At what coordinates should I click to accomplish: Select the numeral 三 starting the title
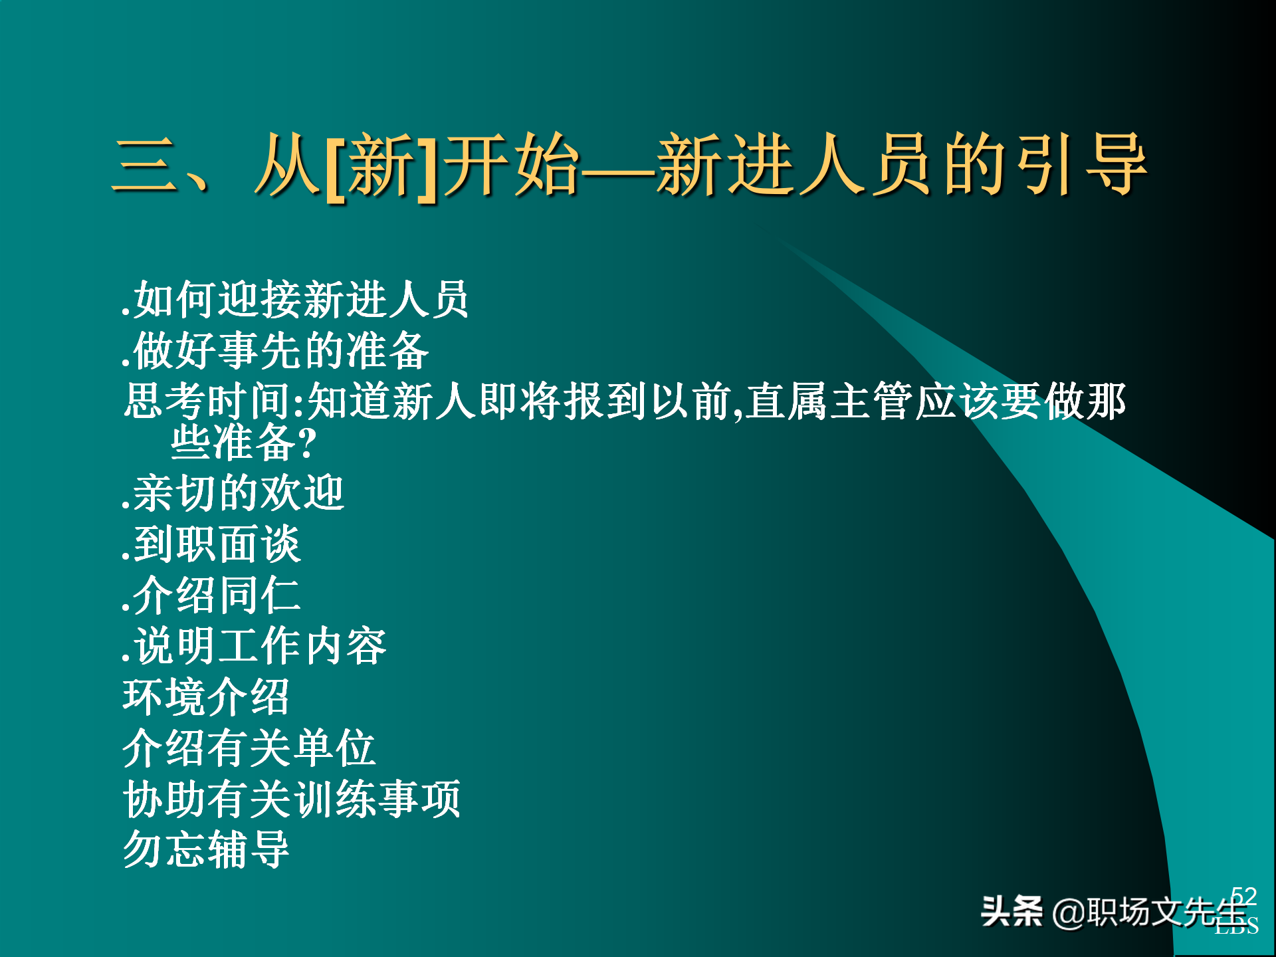tap(146, 165)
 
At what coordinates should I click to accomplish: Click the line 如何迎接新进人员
tap(295, 300)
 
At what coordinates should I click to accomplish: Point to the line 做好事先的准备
tap(275, 351)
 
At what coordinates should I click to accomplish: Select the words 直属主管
tap(829, 401)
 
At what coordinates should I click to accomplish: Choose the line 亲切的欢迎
tap(233, 494)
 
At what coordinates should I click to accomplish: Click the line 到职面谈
tap(212, 544)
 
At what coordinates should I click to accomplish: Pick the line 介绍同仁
tap(212, 595)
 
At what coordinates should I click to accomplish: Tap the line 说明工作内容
tap(255, 646)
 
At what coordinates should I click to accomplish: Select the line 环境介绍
tap(206, 697)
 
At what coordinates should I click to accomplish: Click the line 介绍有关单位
tap(249, 748)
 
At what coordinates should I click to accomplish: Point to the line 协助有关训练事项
tap(292, 799)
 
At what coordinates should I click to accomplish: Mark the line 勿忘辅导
tap(206, 849)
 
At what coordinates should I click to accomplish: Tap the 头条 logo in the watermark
tap(1011, 911)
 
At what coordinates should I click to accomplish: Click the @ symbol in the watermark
tap(1069, 912)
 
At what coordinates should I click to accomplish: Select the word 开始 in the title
tap(512, 165)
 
